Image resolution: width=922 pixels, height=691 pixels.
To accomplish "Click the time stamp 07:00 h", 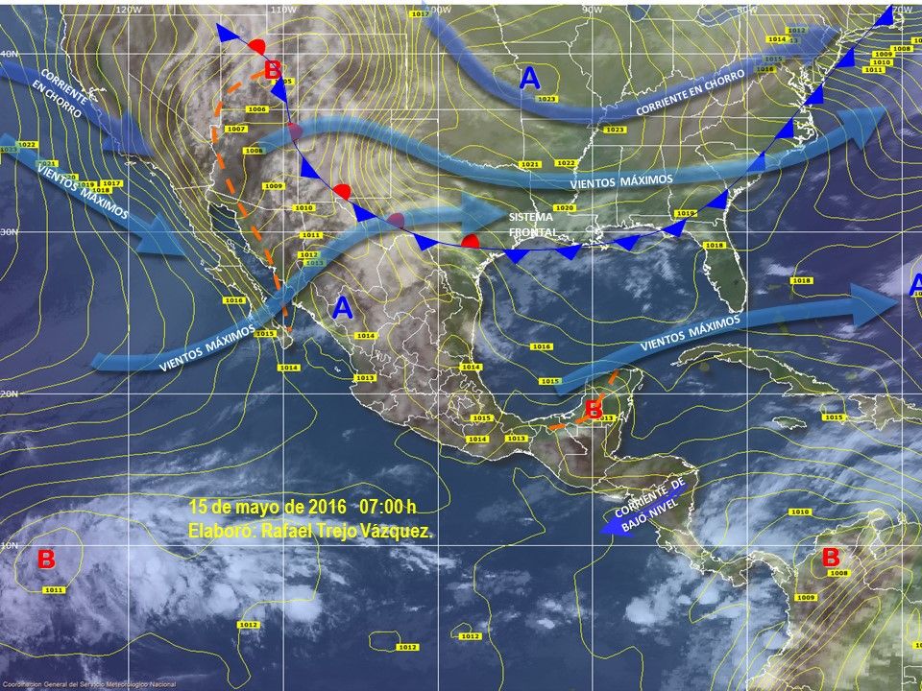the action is (x=387, y=506).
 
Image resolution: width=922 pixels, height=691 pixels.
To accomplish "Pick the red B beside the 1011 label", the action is (x=46, y=559).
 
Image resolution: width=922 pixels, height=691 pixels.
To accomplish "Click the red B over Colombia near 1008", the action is (x=831, y=556).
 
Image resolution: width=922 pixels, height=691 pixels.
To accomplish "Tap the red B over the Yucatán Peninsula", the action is (x=594, y=409).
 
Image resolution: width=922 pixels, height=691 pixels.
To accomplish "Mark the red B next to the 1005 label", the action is (x=273, y=68).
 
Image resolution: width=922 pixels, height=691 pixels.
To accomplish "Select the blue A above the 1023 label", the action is (x=529, y=79).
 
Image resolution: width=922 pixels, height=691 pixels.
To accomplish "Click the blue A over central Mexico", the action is (x=342, y=308).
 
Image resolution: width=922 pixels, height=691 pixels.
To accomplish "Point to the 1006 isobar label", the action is (x=256, y=109).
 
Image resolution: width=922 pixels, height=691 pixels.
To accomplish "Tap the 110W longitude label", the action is (x=281, y=9).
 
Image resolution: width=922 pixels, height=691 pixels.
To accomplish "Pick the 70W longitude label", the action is (x=903, y=9).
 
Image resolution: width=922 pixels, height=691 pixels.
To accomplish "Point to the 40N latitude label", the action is (x=8, y=54).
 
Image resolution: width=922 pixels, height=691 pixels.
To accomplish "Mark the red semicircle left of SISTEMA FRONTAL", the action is (x=471, y=240).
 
